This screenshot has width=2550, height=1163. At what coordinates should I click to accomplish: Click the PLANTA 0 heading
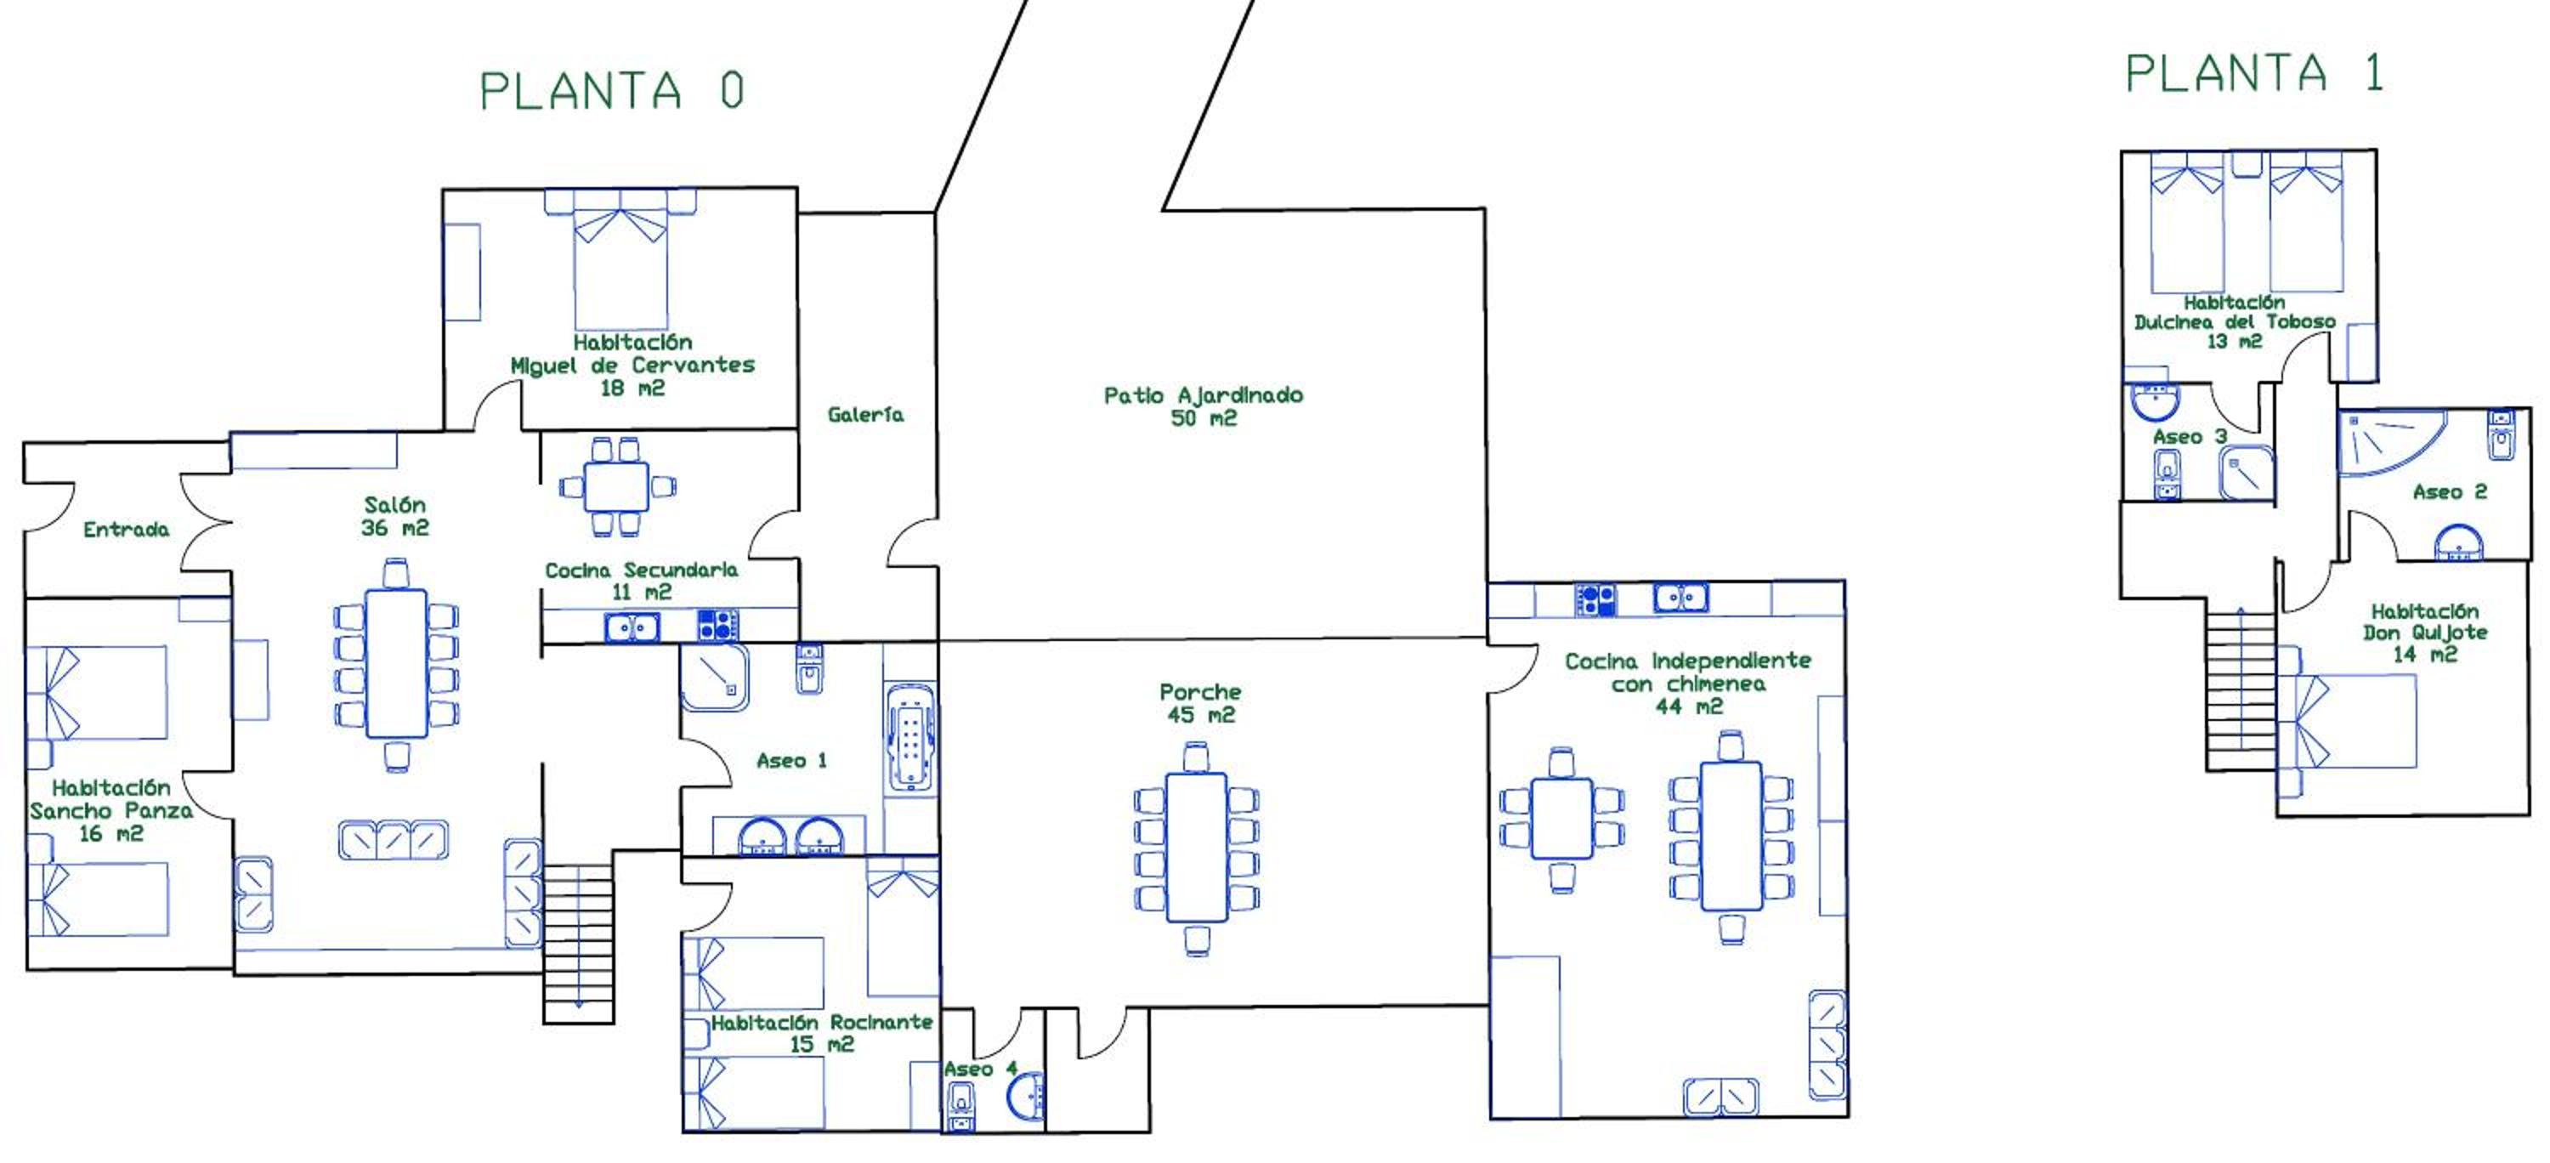[x=612, y=91]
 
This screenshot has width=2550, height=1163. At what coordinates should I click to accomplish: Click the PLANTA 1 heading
[x=2254, y=74]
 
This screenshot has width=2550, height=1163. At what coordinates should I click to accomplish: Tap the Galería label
[x=865, y=415]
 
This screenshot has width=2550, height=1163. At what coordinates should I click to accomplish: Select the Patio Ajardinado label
[x=1203, y=395]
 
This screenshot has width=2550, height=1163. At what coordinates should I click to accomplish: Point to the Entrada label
[x=126, y=530]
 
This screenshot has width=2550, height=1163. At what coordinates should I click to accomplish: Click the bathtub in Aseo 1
[x=909, y=736]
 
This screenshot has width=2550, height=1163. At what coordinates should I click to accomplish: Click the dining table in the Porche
[x=1196, y=848]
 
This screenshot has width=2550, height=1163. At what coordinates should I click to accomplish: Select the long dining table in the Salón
[x=396, y=663]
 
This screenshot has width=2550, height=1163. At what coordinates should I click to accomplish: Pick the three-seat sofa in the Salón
[x=393, y=839]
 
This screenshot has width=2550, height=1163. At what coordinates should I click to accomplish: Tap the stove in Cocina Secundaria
[x=717, y=626]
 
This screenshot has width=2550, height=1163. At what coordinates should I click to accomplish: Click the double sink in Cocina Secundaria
[x=632, y=627]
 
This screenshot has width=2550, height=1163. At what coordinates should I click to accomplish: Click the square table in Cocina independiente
[x=1561, y=819]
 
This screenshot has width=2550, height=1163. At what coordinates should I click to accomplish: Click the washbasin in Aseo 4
[x=1026, y=1096]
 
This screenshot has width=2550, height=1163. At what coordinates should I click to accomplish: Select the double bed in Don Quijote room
[x=2348, y=722]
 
